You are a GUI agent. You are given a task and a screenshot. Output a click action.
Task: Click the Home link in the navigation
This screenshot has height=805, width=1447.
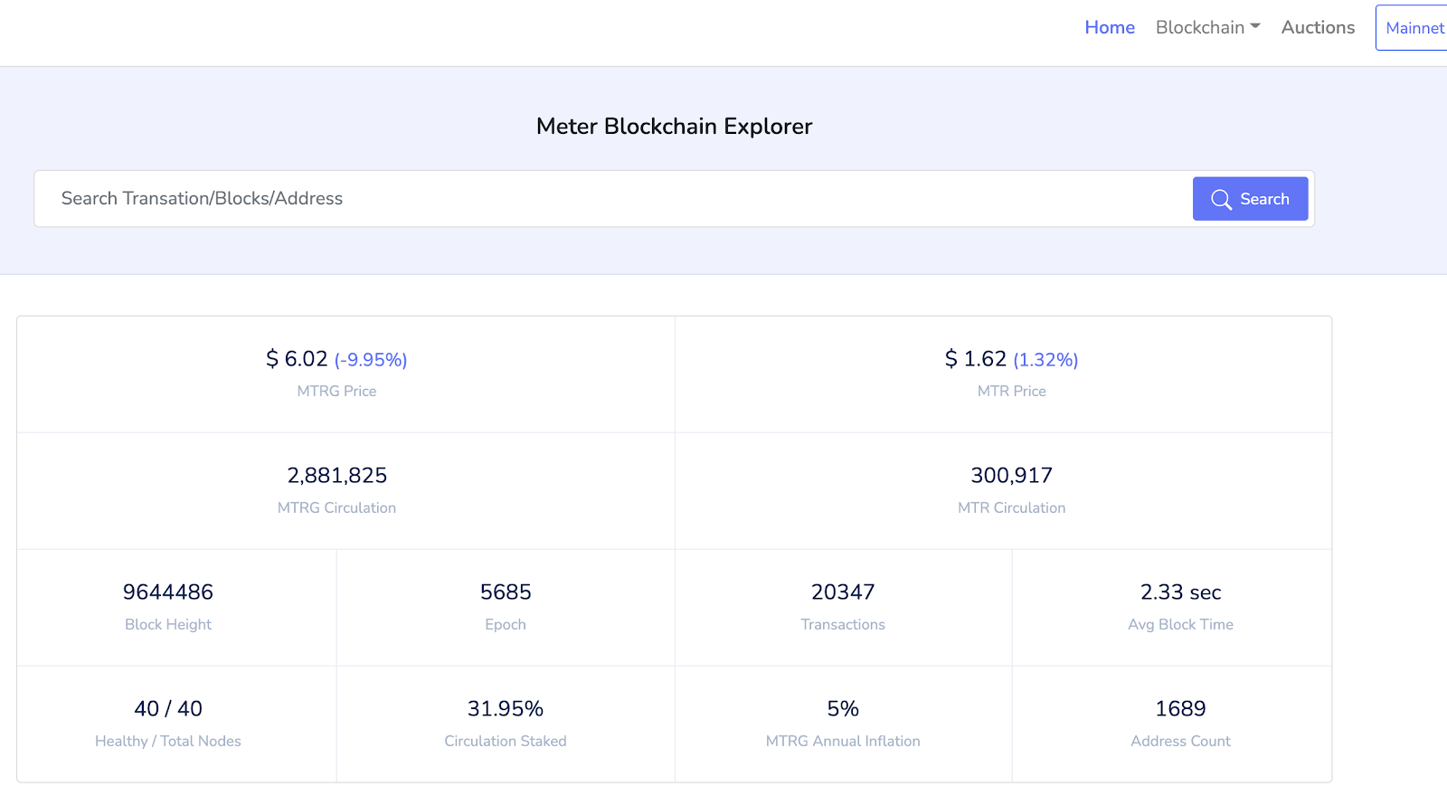(x=1109, y=27)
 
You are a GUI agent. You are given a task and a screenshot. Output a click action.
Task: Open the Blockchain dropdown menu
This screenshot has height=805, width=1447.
(x=1207, y=27)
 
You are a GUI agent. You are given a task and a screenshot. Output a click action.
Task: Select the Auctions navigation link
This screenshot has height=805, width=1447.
(x=1318, y=27)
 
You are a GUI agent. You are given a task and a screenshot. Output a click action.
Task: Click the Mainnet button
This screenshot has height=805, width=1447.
(x=1414, y=28)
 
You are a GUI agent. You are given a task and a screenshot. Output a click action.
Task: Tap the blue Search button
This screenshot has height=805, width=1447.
(x=1250, y=199)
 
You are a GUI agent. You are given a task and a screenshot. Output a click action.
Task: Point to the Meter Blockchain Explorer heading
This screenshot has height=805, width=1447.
(x=674, y=126)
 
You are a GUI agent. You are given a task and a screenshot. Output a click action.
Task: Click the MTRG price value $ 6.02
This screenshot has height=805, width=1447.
(x=297, y=359)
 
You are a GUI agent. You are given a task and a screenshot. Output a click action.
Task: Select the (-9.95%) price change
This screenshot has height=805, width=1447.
(x=371, y=360)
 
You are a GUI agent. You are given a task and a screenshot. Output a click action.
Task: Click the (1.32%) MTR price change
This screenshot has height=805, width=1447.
(x=1045, y=360)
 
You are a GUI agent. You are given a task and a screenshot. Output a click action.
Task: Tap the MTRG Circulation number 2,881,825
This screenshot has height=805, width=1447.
(x=336, y=476)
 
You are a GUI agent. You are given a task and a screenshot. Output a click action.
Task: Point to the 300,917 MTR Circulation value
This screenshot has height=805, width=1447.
(x=1011, y=476)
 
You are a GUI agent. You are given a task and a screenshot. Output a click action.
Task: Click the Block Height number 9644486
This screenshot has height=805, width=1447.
(x=168, y=592)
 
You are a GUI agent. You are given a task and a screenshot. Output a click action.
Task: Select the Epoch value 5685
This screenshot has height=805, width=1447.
(x=506, y=592)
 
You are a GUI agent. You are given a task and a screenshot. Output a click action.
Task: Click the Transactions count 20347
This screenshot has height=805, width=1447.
(x=843, y=592)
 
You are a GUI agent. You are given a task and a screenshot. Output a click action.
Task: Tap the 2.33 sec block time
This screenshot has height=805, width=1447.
(x=1180, y=592)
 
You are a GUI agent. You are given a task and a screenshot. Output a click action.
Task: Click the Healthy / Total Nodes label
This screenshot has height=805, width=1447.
(x=168, y=741)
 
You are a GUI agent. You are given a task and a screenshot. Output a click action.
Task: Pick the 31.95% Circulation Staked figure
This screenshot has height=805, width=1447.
(x=506, y=709)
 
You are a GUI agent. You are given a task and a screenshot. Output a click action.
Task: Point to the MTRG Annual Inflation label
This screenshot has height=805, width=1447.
(x=843, y=741)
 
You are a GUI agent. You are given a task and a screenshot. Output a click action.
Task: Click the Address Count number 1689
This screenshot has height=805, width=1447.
(x=1180, y=709)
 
